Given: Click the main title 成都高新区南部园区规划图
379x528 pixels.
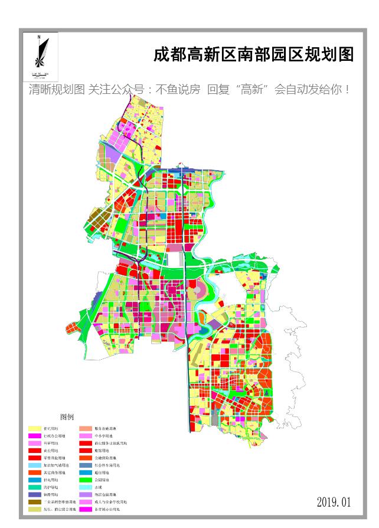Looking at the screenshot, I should coord(254,55).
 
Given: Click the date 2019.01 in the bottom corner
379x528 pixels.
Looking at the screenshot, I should coord(334,502).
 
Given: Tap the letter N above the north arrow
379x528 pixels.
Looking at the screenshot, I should coord(38,37).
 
